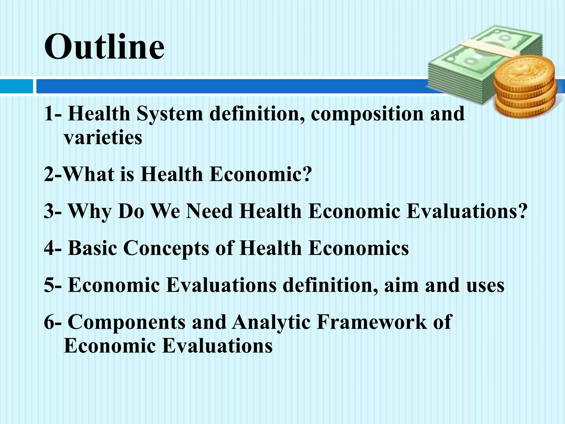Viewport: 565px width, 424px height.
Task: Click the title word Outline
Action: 104,46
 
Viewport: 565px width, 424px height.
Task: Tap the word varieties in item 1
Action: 103,137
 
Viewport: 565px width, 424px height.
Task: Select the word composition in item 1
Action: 367,114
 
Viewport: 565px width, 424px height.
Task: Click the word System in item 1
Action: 170,114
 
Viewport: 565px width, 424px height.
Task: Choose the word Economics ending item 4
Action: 359,248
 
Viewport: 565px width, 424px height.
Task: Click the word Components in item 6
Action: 127,322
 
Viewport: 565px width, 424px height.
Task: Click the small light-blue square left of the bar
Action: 16,86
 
